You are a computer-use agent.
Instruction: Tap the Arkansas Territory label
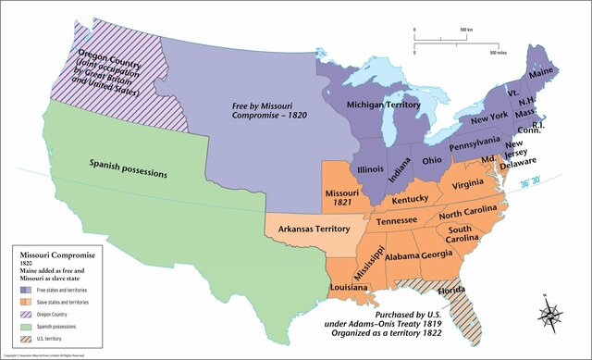[x=315, y=227]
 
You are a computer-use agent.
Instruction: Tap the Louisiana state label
[x=351, y=288]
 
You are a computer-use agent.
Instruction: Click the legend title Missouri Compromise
[x=48, y=253]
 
